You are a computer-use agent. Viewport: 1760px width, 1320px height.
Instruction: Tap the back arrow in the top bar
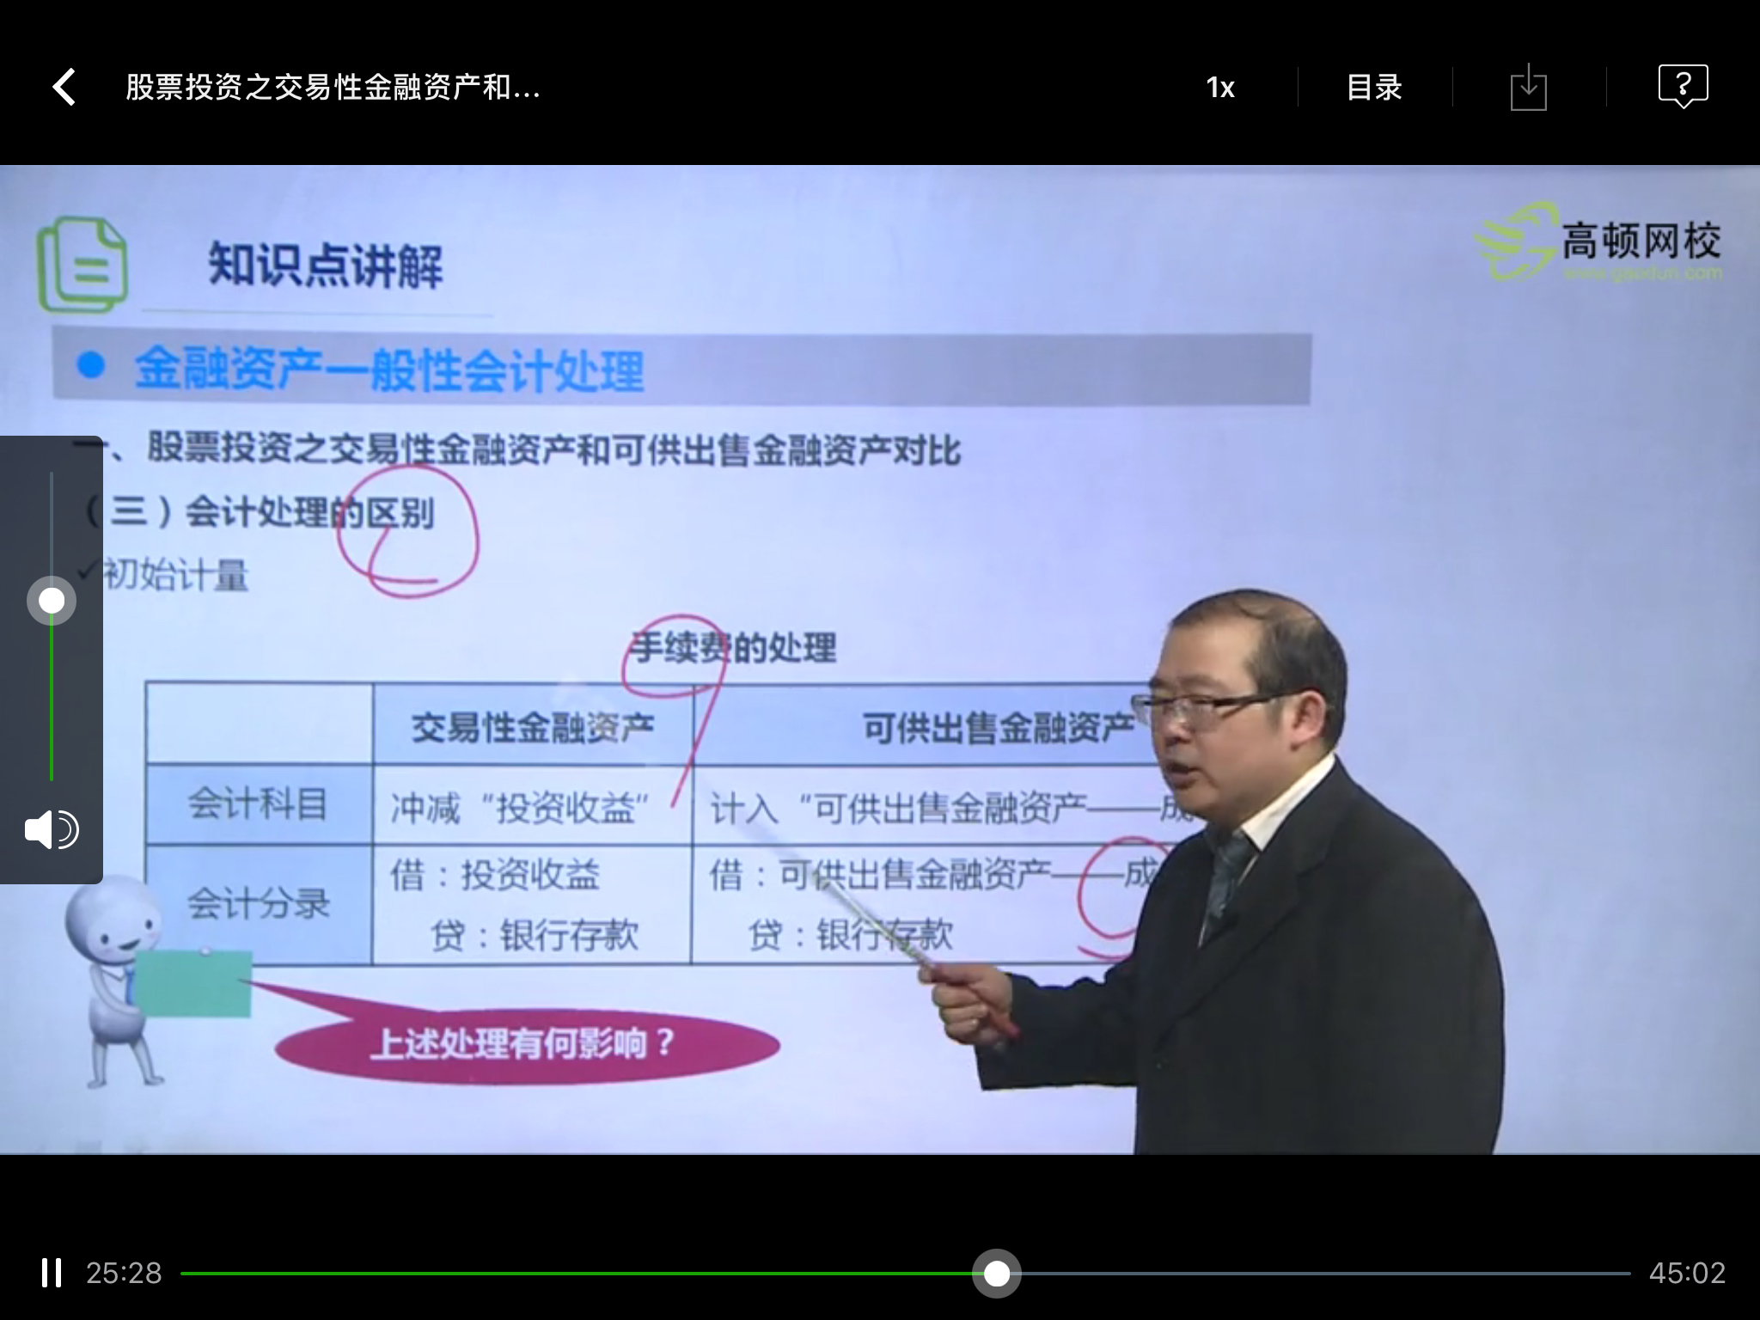click(64, 87)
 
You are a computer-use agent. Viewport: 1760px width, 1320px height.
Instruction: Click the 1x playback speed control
click(1219, 87)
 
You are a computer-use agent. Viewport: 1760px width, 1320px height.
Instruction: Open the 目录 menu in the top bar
click(1373, 87)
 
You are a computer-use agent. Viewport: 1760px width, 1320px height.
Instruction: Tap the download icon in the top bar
click(1528, 88)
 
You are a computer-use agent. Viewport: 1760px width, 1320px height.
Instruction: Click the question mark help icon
click(1682, 86)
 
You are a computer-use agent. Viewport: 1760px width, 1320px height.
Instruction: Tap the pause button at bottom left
click(52, 1273)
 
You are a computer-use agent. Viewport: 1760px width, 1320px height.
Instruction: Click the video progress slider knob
click(997, 1273)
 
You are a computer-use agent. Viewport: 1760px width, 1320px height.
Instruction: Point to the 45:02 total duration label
click(1687, 1273)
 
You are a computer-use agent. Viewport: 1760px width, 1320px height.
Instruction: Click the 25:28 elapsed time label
click(124, 1273)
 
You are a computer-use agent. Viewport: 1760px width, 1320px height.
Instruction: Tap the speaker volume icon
click(52, 830)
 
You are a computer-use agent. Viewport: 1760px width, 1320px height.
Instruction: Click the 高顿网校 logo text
click(1640, 241)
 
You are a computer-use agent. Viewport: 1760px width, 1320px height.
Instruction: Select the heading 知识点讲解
click(325, 265)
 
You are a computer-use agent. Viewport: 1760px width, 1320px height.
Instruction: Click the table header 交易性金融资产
click(533, 728)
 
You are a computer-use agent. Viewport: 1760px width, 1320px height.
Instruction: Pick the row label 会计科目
click(258, 804)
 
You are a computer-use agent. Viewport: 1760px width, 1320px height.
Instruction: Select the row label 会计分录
click(258, 904)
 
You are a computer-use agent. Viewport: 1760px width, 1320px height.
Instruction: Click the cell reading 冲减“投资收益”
click(520, 808)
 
